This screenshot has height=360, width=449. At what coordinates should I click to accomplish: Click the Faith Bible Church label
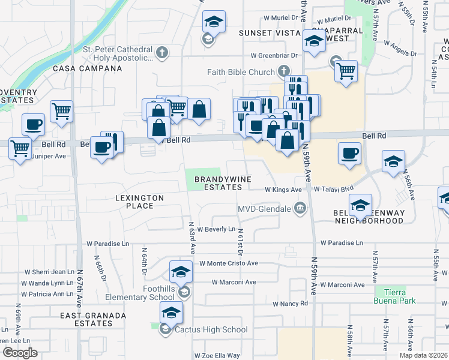point(241,72)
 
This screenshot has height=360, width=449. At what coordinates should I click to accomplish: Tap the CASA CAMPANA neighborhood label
point(88,69)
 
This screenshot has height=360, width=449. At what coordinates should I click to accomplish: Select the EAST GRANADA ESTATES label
point(93,319)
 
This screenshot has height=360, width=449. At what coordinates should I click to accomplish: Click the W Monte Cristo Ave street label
point(228,263)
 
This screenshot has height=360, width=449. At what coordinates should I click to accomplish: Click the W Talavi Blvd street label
point(334,190)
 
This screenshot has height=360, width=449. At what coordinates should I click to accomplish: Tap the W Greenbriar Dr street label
point(274,55)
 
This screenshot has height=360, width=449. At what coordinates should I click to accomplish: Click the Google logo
point(20,353)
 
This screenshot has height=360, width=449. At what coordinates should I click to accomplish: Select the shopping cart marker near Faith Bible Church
point(346,70)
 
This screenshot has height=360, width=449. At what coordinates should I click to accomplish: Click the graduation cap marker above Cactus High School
point(171,312)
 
